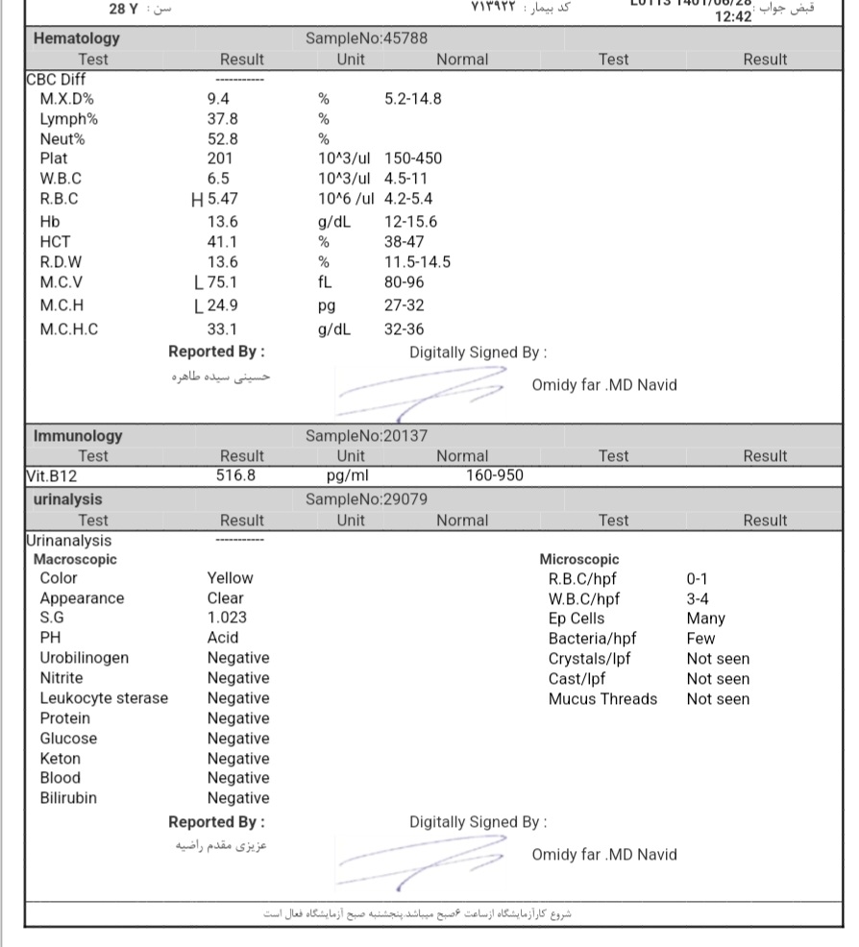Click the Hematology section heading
[x=77, y=38]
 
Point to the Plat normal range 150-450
[x=413, y=158]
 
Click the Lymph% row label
[x=69, y=119]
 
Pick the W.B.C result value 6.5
[x=218, y=179]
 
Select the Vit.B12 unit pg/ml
[x=347, y=475]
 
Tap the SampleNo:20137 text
[x=366, y=436]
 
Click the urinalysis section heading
[x=67, y=499]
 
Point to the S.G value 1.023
[x=227, y=618]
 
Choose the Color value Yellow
[x=230, y=578]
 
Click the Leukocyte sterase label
[x=104, y=698]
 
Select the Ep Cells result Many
[x=705, y=619]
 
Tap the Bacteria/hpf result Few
[x=700, y=639]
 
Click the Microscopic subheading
[x=578, y=559]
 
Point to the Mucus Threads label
[x=602, y=699]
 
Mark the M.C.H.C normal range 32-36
[x=404, y=329]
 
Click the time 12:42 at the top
[x=733, y=16]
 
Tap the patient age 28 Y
[x=124, y=8]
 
